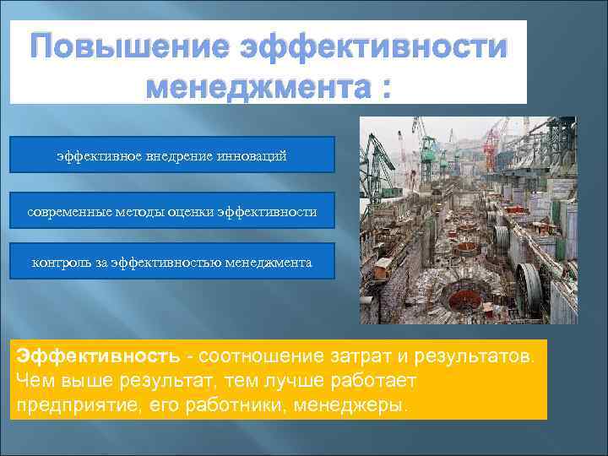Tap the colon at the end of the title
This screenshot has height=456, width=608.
pos(385,86)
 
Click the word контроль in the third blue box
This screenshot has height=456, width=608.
pos(58,263)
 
